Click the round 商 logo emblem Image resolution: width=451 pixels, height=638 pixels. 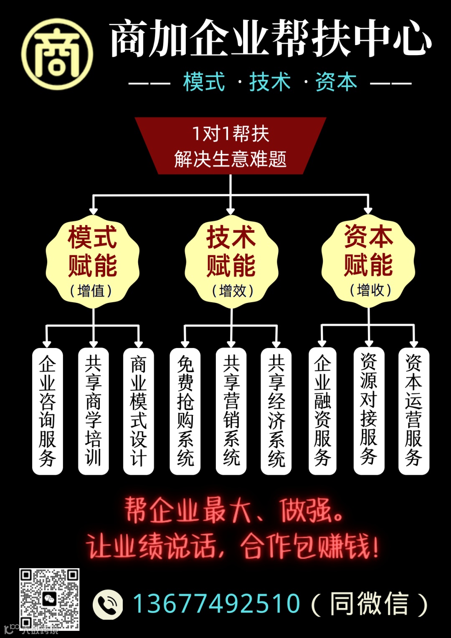57,54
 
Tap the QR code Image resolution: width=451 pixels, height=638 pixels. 49,599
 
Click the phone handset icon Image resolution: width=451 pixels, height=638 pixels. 108,604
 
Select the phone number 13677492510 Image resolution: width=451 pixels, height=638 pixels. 216,604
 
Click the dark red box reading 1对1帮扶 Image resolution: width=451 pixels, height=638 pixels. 231,146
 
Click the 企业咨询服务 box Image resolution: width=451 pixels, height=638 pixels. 48,411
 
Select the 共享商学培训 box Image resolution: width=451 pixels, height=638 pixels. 94,411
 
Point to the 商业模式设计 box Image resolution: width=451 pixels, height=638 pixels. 139,411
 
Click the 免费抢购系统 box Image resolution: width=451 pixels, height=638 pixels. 185,411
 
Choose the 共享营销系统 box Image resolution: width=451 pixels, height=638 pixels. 231,411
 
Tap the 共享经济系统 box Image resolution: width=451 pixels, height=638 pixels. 276,411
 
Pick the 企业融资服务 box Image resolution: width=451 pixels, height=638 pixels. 322,411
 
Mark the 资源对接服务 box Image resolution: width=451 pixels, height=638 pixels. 369,411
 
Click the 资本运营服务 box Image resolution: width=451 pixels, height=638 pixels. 414,411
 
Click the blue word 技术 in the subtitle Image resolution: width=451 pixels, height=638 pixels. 270,82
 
